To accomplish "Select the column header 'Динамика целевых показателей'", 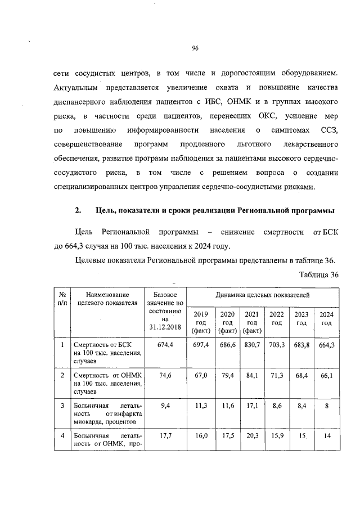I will [262, 295].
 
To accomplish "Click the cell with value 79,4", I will [227, 375].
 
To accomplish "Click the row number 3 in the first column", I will [62, 405].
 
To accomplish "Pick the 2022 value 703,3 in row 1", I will [277, 344].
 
